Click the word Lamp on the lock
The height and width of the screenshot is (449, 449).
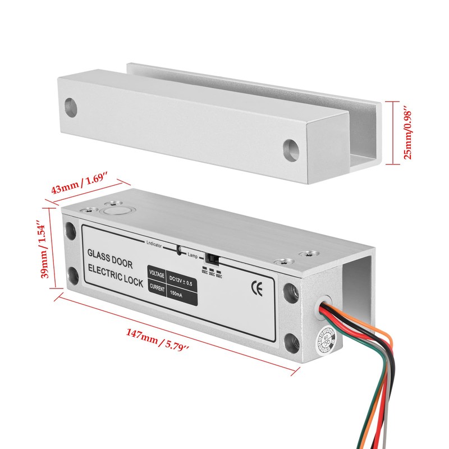tap(194, 254)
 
